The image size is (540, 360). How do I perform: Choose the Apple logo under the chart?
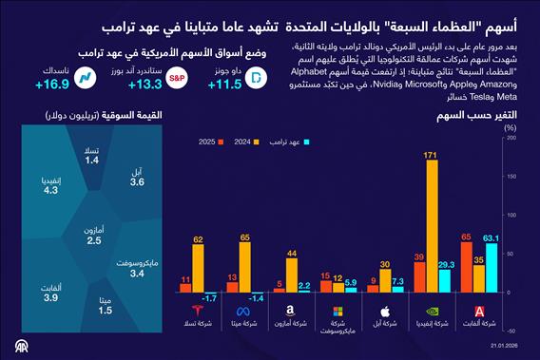tap(385, 311)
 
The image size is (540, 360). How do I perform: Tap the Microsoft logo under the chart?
tap(338, 311)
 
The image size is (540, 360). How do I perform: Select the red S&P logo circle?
tap(177, 80)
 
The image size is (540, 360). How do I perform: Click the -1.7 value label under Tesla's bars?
tap(211, 298)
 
